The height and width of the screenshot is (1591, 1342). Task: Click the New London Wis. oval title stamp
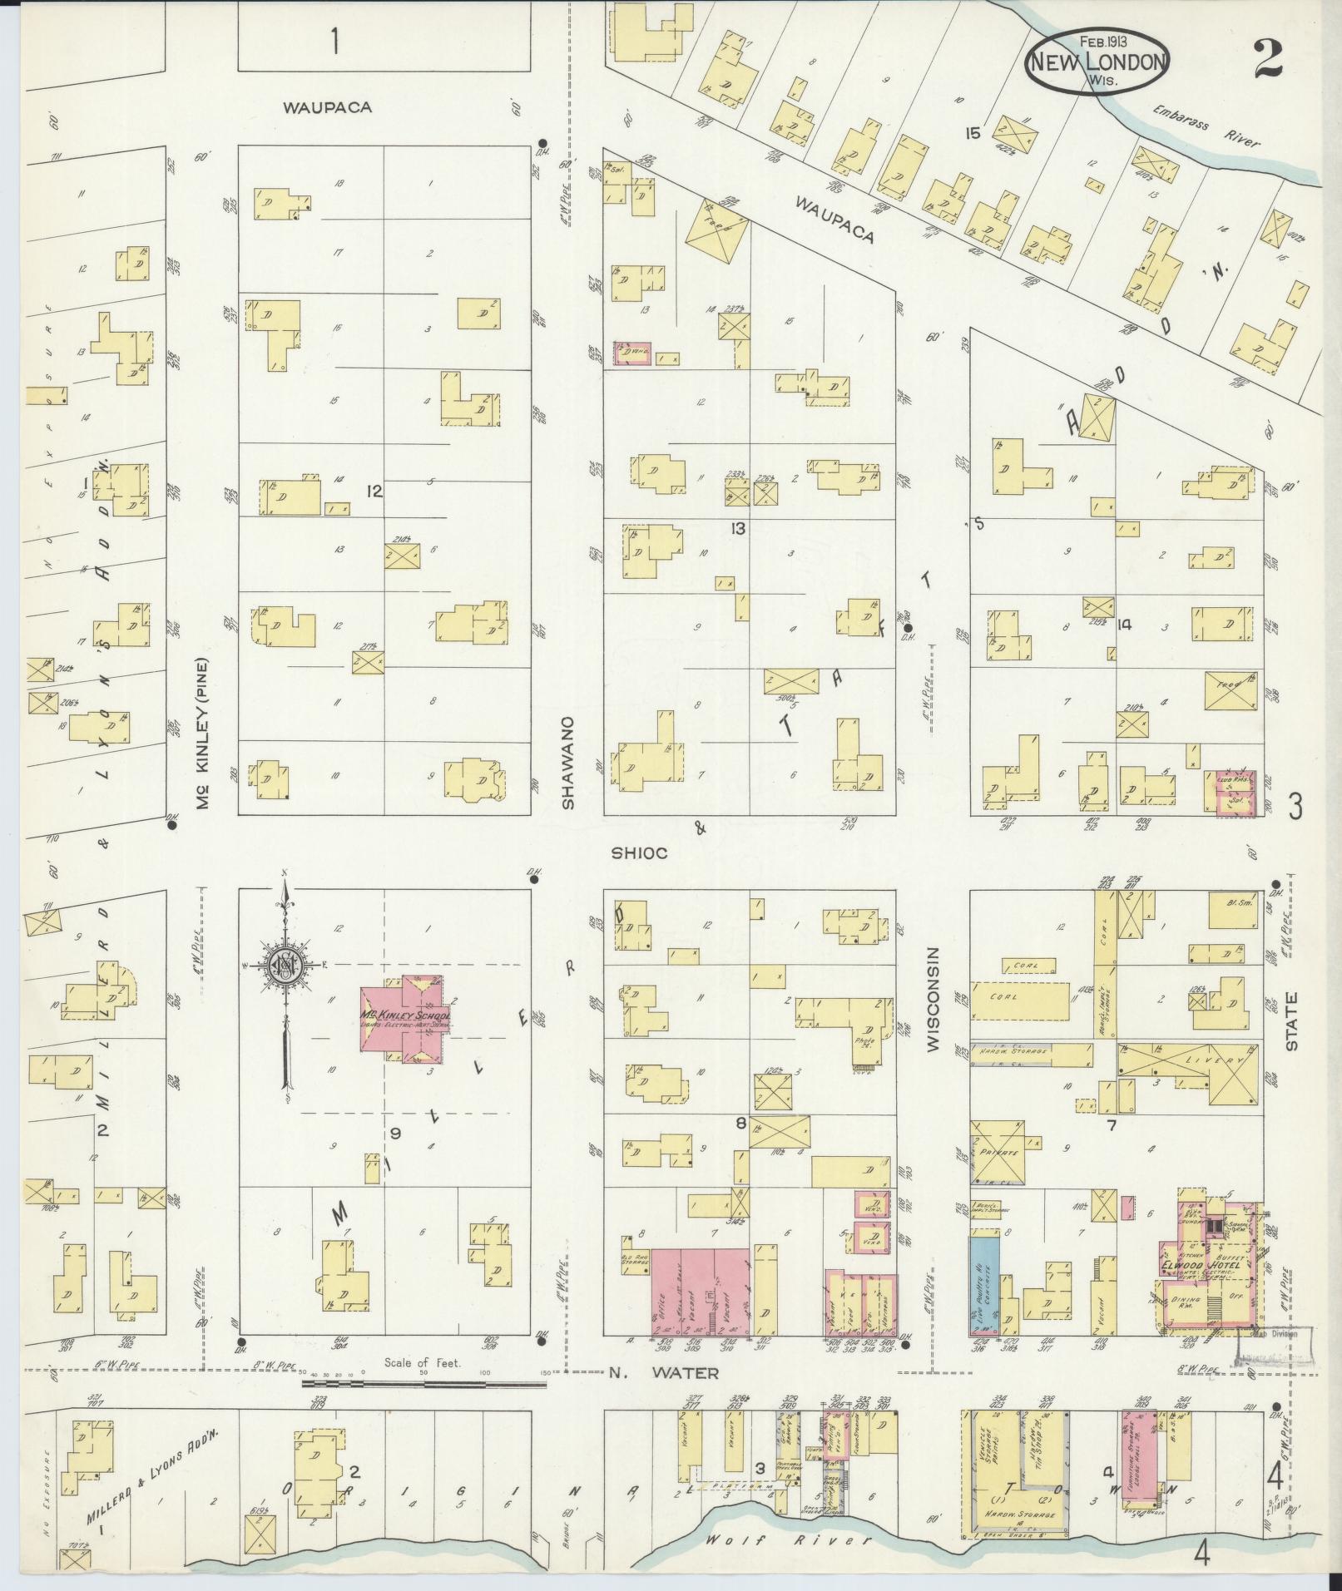point(1097,61)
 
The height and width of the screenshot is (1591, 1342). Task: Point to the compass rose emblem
point(285,965)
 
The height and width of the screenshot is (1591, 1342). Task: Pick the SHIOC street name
point(639,852)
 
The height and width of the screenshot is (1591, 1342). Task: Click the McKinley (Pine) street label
point(201,734)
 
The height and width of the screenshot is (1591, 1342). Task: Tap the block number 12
point(374,492)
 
